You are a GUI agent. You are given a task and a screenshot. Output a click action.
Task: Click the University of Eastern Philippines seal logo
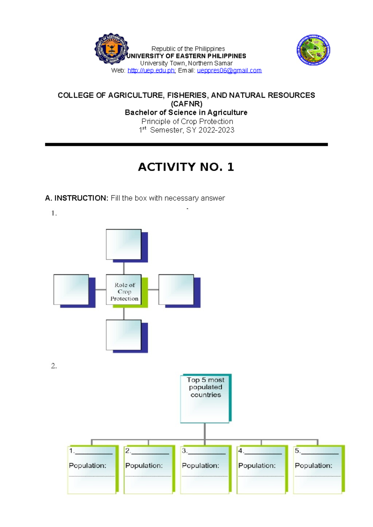pos(111,49)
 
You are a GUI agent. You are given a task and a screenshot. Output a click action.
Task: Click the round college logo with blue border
pos(313,50)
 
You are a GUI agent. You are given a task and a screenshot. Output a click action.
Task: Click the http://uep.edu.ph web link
pos(151,71)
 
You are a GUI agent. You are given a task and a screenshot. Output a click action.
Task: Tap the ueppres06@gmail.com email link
pos(229,71)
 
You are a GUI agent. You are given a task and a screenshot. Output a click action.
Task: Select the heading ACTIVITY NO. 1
pos(186,167)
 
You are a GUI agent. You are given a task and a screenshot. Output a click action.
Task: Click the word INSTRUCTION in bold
pos(81,198)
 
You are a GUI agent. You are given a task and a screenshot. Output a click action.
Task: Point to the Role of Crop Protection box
pos(124,290)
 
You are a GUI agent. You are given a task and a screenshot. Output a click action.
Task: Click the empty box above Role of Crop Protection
pos(124,245)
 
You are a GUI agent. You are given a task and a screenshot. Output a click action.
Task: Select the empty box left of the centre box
pos(71,290)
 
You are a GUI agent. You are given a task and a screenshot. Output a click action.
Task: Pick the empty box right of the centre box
pos(176,290)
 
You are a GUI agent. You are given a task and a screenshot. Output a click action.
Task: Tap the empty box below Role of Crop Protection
pos(124,335)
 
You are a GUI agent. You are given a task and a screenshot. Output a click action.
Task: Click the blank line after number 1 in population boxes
pos(94,454)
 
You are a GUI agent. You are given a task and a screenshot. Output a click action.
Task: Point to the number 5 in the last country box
pos(297,451)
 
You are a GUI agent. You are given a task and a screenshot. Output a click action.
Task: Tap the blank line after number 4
pos(263,454)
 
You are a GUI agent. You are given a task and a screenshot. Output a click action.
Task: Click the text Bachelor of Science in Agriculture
pos(186,112)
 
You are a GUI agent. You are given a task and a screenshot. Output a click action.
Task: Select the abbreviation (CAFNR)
pos(186,104)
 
